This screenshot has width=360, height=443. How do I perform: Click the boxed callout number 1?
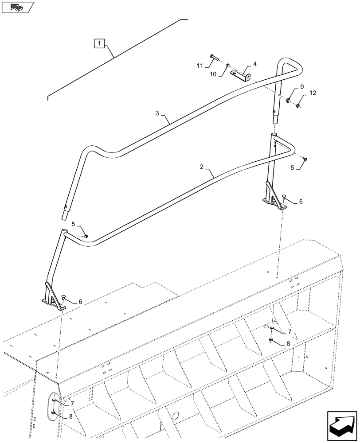click(x=99, y=43)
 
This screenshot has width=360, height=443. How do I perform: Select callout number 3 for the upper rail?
click(x=158, y=113)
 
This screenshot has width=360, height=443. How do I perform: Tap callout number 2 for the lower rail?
click(x=202, y=167)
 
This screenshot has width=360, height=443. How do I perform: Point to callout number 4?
click(x=255, y=65)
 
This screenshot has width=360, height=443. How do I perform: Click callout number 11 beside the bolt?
click(x=200, y=66)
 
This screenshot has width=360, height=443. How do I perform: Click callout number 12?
click(x=313, y=93)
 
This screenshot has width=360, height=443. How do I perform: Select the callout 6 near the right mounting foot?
click(x=301, y=202)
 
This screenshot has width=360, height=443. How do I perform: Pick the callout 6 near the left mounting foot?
click(x=80, y=301)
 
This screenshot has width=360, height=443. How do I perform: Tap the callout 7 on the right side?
click(x=290, y=331)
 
